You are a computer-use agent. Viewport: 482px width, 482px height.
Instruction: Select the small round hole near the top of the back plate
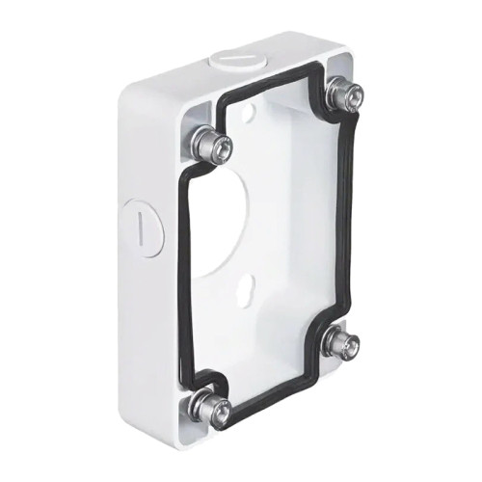[x=254, y=114]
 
